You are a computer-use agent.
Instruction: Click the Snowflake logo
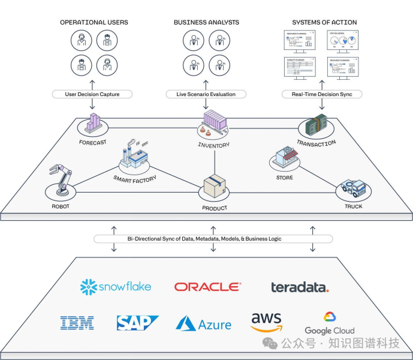[x=116, y=286]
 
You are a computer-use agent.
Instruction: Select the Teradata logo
[x=300, y=287]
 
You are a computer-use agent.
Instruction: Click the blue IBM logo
[x=77, y=323]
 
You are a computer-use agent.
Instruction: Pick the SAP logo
[x=137, y=323]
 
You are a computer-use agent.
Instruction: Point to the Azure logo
[x=203, y=324]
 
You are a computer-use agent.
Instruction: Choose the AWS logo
[x=266, y=322]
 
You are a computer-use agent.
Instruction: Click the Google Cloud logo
[x=329, y=323]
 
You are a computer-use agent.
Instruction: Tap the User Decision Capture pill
[x=91, y=94]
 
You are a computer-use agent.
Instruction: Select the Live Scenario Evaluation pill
[x=206, y=94]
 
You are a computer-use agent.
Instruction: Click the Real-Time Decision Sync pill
[x=322, y=94]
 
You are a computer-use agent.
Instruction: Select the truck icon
[x=354, y=189]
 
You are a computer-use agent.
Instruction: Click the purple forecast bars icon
[x=93, y=123]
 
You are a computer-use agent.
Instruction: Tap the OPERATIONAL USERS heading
[x=94, y=23]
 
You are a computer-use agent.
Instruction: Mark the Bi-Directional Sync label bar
[x=213, y=239]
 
